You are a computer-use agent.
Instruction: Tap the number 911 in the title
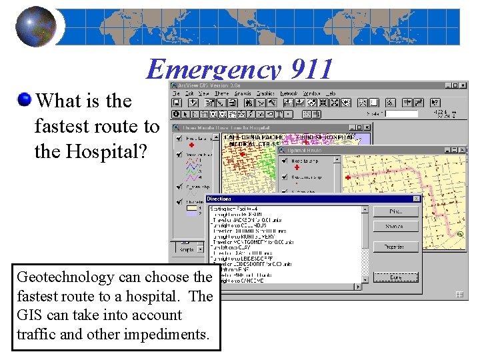tap(309, 69)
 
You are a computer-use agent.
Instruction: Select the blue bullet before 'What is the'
tap(25, 101)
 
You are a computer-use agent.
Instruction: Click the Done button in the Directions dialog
tap(396, 277)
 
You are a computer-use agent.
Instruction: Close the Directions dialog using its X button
tap(417, 199)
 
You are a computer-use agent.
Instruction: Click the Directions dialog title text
tap(219, 199)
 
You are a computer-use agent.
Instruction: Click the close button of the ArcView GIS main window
tap(464, 85)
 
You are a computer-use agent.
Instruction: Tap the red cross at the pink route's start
tap(347, 177)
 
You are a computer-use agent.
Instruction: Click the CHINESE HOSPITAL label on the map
tap(331, 137)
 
